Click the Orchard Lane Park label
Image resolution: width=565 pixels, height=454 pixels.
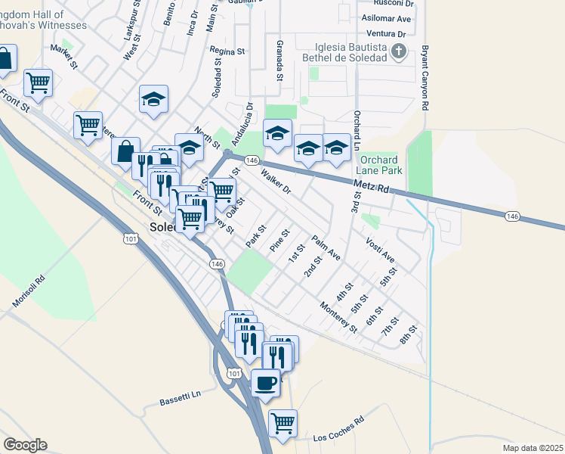[x=381, y=165]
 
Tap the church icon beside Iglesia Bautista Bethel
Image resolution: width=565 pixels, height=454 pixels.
[x=400, y=51]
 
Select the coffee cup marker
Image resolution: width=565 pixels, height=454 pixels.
[x=265, y=383]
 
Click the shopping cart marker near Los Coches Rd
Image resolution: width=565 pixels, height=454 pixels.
[x=282, y=423]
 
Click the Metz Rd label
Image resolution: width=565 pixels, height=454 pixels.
[x=371, y=186]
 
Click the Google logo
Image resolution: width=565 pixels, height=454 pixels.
[x=25, y=445]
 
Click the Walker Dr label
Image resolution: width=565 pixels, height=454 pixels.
[x=275, y=181]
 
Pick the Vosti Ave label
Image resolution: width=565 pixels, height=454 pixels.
[x=380, y=250]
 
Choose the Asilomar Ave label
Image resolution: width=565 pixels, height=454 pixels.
[x=387, y=18]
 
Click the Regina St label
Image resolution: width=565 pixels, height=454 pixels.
[x=228, y=51]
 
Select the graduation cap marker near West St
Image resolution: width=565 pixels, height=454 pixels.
[x=153, y=99]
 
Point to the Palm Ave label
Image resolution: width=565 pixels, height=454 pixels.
[x=326, y=247]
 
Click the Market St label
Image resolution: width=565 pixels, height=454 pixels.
[x=64, y=57]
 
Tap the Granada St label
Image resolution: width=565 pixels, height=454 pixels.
[x=279, y=61]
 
